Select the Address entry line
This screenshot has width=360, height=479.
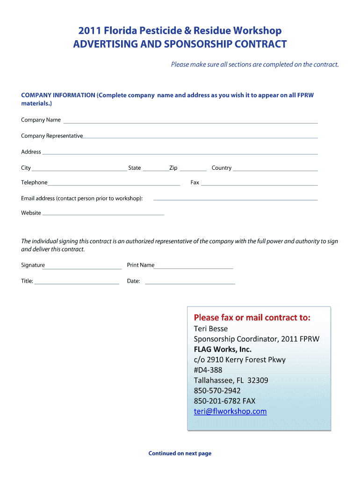point(180,153)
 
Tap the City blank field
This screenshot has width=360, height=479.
point(79,169)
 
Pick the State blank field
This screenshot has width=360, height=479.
point(156,169)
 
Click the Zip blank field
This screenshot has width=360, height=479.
point(193,169)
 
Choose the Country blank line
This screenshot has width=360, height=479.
point(275,169)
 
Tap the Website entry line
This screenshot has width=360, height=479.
point(103,214)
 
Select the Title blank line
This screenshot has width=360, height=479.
point(77,283)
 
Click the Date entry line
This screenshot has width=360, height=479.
point(190,283)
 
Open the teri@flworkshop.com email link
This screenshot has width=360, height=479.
point(230,412)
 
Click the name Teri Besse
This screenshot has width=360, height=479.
point(211,329)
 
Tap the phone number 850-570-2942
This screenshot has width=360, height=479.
point(217,391)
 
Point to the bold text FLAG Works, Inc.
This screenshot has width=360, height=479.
point(223,349)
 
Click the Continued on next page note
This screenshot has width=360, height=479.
point(180,453)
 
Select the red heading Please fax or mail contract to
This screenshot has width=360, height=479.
point(252,318)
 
